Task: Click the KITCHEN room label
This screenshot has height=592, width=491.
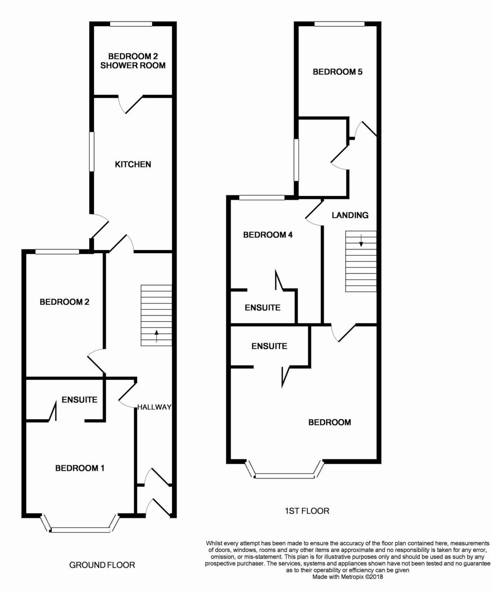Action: pyautogui.click(x=133, y=164)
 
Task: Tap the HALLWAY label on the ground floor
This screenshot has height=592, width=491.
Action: pyautogui.click(x=154, y=407)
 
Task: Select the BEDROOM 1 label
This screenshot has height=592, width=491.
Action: pyautogui.click(x=80, y=468)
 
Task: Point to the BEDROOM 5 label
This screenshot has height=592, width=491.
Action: pyautogui.click(x=338, y=72)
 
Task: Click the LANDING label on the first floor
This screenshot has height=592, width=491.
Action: pyautogui.click(x=350, y=215)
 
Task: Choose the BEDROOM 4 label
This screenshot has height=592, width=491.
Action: pyautogui.click(x=268, y=235)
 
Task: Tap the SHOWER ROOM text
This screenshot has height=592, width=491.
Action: pyautogui.click(x=133, y=66)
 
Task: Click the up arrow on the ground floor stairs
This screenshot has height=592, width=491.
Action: pyautogui.click(x=156, y=336)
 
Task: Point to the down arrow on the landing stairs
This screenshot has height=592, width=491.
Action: pyautogui.click(x=361, y=240)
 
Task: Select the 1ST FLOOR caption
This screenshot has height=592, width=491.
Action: pyautogui.click(x=307, y=511)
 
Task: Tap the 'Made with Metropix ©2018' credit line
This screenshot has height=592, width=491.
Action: pyautogui.click(x=347, y=577)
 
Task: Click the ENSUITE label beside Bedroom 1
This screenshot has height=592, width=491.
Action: pyautogui.click(x=79, y=400)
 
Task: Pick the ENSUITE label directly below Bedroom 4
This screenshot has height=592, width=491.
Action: pyautogui.click(x=263, y=308)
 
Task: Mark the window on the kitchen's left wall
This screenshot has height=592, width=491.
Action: pyautogui.click(x=92, y=151)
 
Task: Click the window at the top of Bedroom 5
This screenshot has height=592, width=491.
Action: pyautogui.click(x=340, y=24)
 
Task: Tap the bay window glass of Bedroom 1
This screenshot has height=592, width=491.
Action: pyautogui.click(x=80, y=530)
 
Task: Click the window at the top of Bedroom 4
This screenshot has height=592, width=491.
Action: pyautogui.click(x=262, y=198)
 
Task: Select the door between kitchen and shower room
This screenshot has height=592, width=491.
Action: pyautogui.click(x=130, y=104)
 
